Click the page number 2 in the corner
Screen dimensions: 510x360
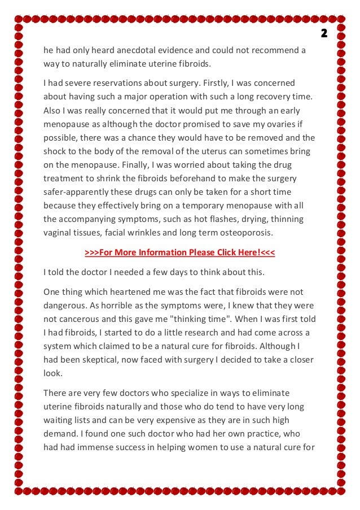324,33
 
